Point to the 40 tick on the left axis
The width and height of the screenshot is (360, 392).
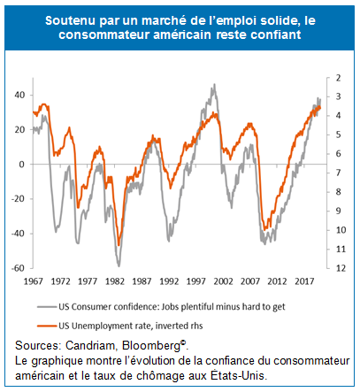click(19, 95)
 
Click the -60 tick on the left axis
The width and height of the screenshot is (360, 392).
click(18, 268)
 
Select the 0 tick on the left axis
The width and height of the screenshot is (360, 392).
click(21, 165)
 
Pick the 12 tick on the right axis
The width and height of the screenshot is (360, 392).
click(341, 268)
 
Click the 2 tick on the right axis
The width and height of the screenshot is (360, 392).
click(338, 78)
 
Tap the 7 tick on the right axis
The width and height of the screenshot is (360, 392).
click(338, 173)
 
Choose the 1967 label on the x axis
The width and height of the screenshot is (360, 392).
click(34, 281)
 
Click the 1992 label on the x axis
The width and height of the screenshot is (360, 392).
click(169, 281)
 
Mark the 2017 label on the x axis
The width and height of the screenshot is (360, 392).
click(304, 281)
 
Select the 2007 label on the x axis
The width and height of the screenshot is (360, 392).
click(250, 281)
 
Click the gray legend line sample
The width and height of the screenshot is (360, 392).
click(47, 307)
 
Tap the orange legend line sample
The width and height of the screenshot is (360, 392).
click(47, 326)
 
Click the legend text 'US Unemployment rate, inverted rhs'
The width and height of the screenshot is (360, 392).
click(131, 326)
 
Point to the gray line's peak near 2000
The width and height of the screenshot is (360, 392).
click(214, 85)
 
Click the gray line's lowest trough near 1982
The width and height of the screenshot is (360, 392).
click(119, 265)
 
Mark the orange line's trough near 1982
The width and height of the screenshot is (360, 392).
click(119, 245)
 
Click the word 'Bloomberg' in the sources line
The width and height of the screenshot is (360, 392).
click(151, 346)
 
